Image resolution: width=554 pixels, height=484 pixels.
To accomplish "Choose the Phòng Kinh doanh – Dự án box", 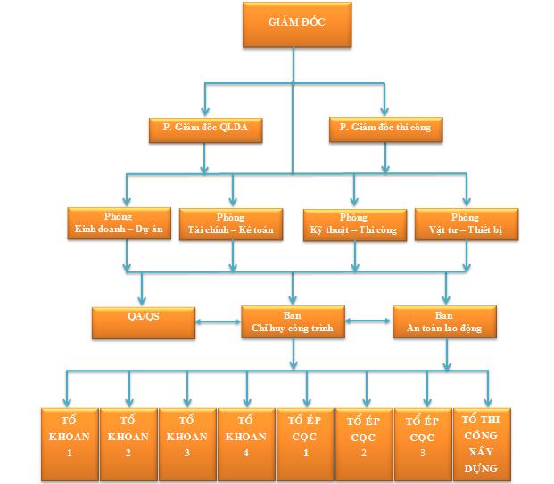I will point(119,224).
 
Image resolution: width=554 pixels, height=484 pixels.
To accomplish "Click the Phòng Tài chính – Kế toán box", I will point(231,224).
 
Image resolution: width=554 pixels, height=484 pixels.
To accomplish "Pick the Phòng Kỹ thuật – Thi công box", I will point(354,224).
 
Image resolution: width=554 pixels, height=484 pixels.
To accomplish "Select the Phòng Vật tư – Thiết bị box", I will point(466,224).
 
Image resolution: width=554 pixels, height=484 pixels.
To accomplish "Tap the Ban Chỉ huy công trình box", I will point(294,321).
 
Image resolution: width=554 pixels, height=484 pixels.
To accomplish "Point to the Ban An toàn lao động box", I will point(443,321).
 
